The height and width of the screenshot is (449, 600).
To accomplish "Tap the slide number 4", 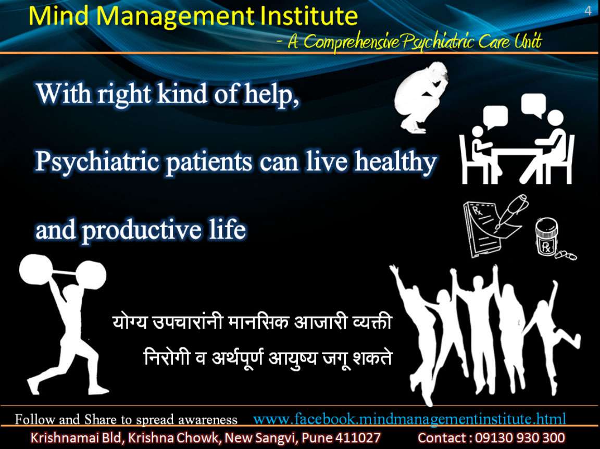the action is pyautogui.click(x=587, y=10).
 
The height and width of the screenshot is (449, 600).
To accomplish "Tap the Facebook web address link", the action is pyautogui.click(x=409, y=419).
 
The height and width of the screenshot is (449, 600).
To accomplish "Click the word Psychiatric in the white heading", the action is pyautogui.click(x=97, y=162).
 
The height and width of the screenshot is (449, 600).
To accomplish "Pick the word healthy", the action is pyautogui.click(x=395, y=161).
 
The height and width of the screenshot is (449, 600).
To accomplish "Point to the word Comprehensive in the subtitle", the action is pyautogui.click(x=352, y=42).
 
